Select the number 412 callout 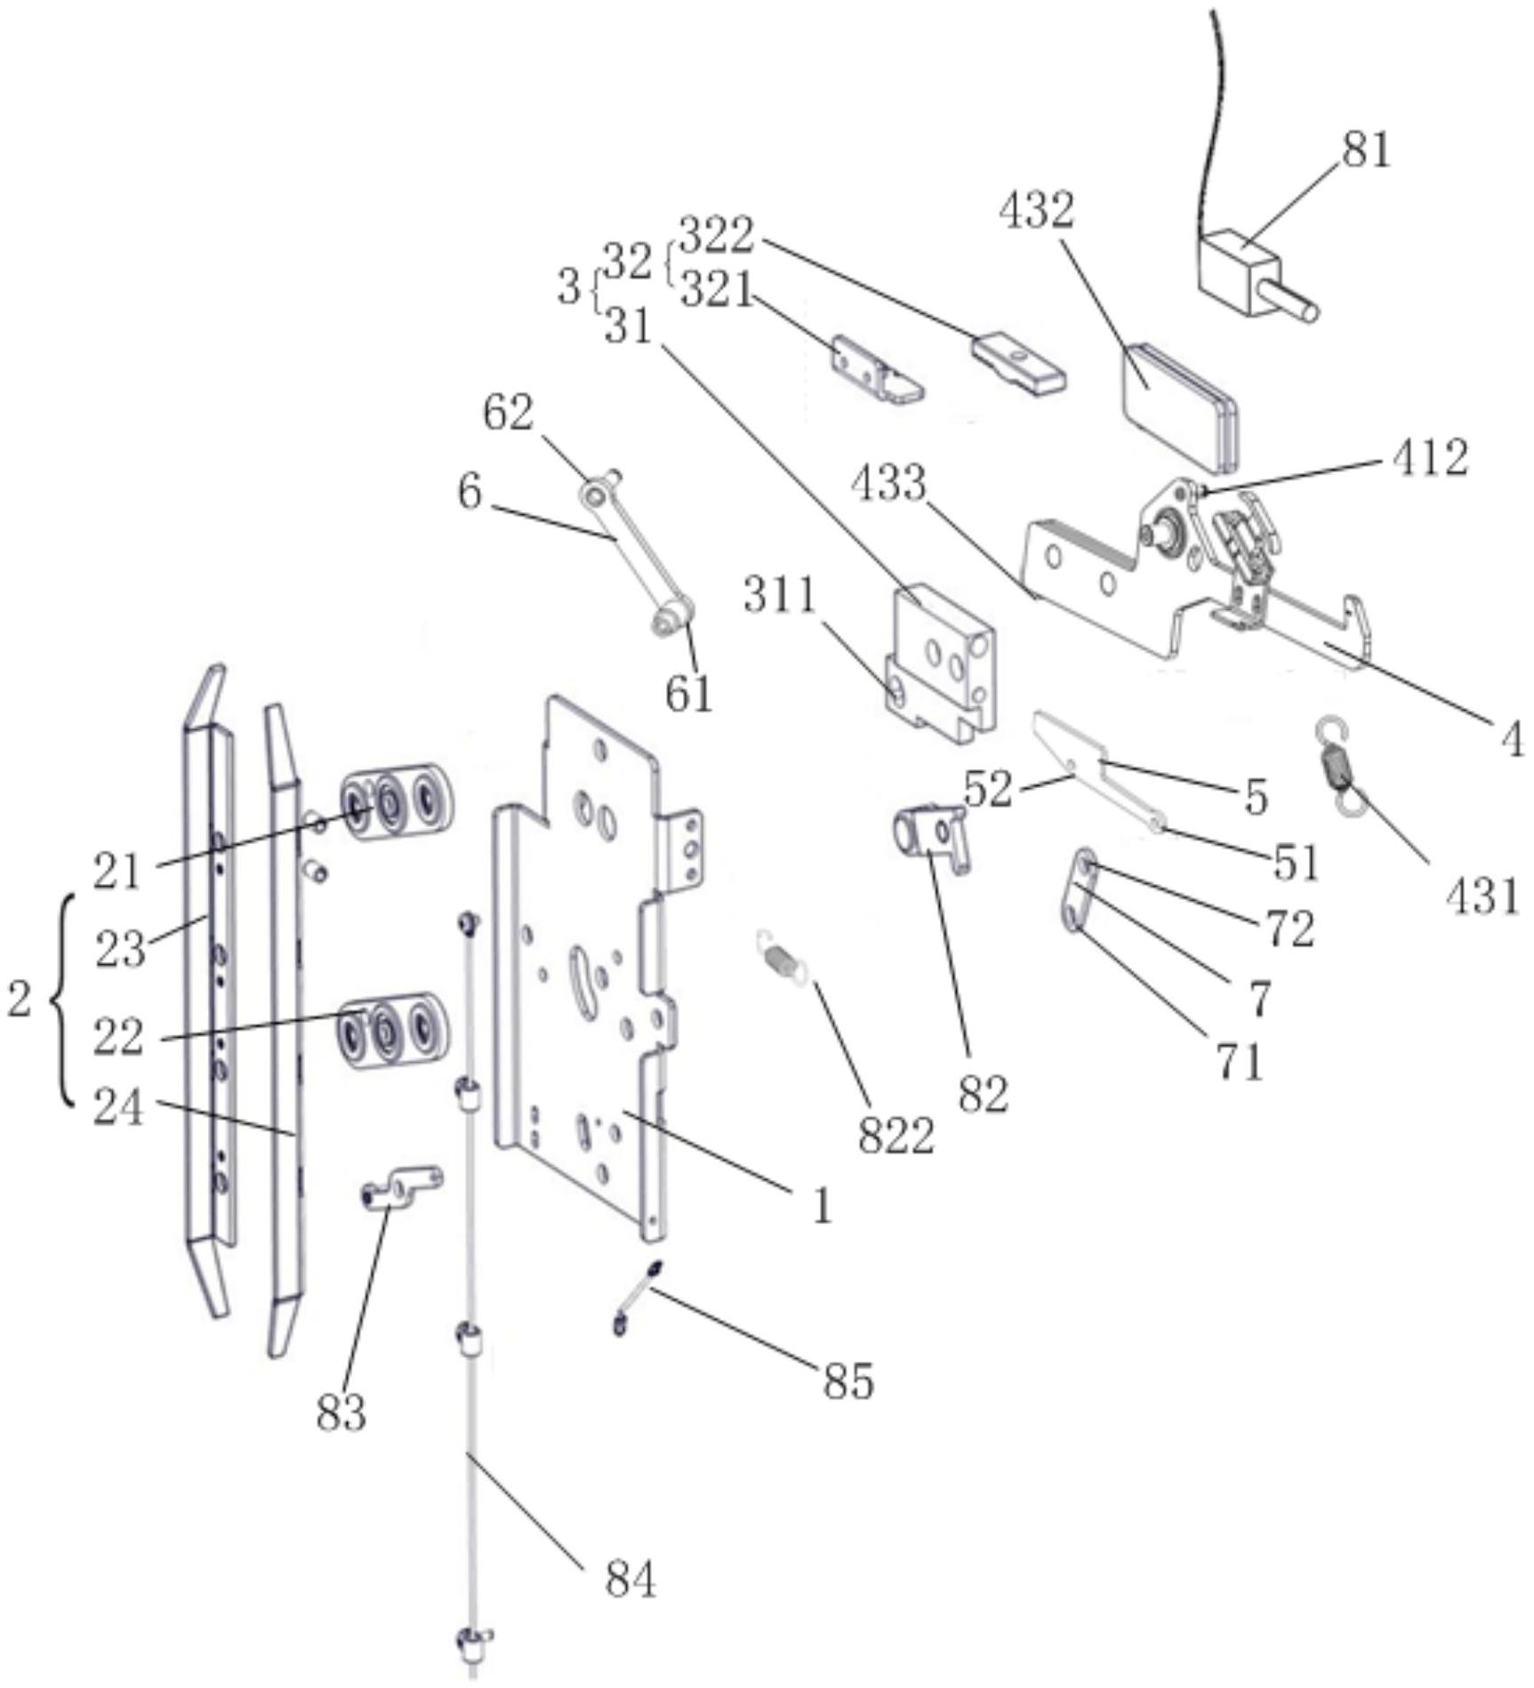click(x=1430, y=459)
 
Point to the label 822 click(x=896, y=1135)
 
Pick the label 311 click(x=780, y=594)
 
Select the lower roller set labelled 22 click(x=392, y=1031)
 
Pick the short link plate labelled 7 click(x=1079, y=891)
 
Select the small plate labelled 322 click(x=1019, y=363)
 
